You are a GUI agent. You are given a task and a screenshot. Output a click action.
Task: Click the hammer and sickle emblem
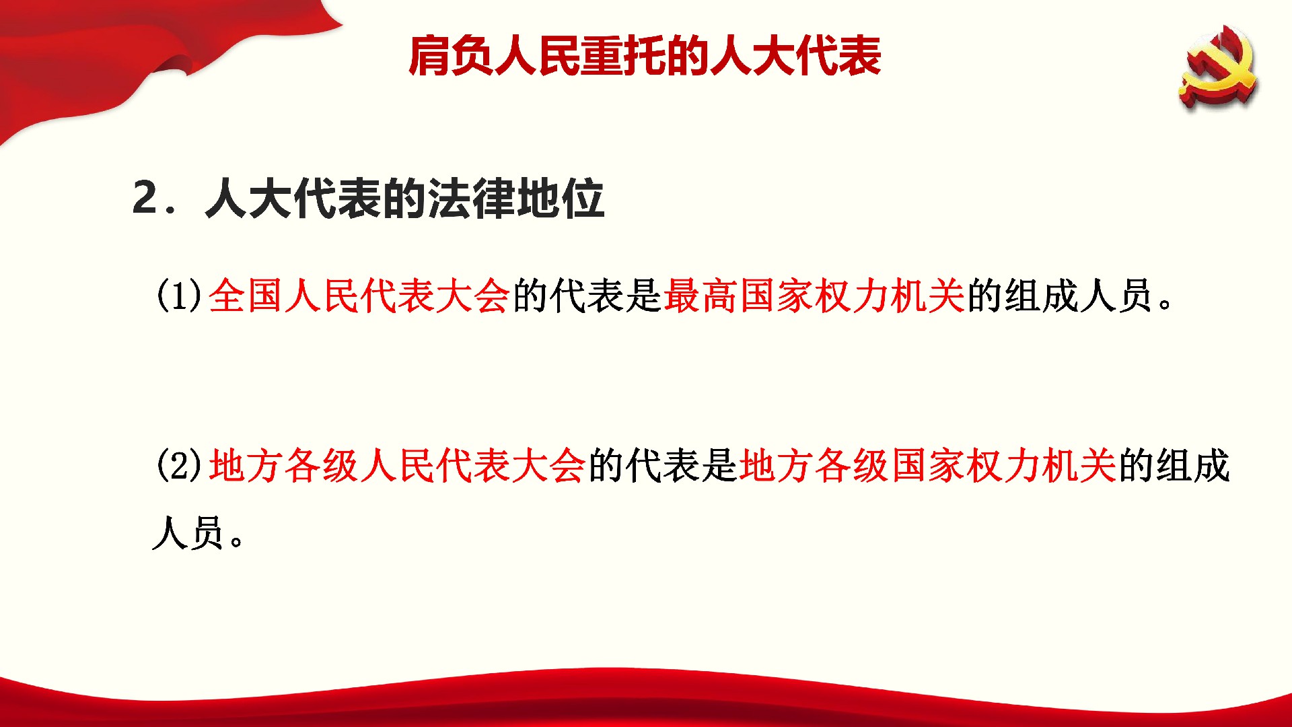coord(1218,67)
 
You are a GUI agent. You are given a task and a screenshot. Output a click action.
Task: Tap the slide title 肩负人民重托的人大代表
coord(645,56)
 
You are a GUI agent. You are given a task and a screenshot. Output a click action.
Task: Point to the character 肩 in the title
coord(429,56)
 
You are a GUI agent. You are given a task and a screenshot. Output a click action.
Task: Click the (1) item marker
coord(179,296)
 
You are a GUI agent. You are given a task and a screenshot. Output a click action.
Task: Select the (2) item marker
coord(179,465)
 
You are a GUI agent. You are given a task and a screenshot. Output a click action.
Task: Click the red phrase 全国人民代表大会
coord(359,296)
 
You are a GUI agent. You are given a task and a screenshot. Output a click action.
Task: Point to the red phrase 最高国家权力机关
coord(814,296)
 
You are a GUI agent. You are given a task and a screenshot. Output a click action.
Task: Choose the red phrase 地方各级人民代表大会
coord(396,465)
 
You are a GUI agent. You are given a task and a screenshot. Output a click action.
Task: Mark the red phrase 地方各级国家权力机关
coord(927,465)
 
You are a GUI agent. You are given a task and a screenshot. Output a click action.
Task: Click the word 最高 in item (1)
coord(701,296)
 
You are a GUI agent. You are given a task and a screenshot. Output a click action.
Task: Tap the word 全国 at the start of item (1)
coord(246,296)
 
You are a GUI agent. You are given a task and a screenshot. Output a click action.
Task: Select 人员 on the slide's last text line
coord(188,533)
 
